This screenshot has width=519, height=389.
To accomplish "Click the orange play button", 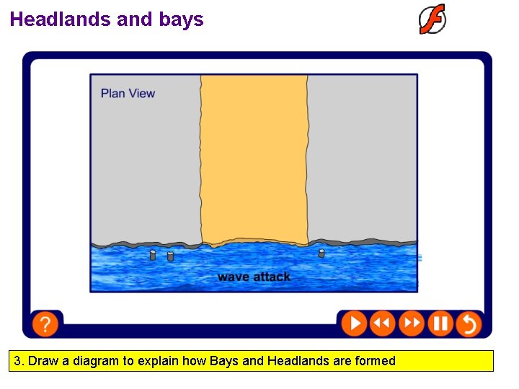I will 354,323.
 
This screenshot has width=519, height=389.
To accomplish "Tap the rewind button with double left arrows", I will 383,323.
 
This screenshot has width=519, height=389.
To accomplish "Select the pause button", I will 440,323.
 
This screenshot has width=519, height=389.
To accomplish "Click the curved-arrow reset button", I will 469,323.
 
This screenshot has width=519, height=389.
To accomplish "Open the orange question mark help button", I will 45,324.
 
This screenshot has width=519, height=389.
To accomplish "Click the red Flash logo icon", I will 432,19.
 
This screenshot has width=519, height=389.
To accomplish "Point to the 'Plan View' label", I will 128,93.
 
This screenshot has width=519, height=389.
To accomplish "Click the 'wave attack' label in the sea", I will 254,277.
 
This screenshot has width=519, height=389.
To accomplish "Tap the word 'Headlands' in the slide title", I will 61,19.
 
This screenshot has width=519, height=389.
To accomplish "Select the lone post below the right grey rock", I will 321,253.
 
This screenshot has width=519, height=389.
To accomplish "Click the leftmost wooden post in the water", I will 153,255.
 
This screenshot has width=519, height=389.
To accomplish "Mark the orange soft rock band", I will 254,158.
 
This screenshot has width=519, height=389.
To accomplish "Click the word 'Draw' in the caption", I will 43,361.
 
